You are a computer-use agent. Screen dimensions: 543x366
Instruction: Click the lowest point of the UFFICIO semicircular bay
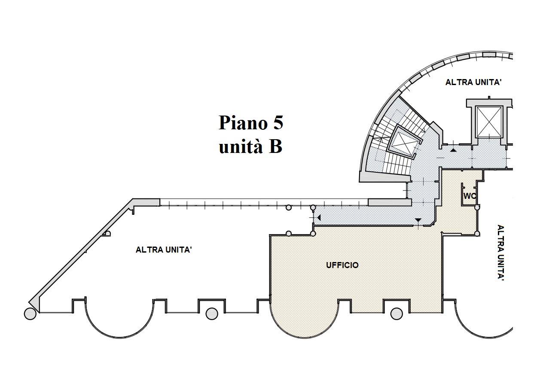[304, 338]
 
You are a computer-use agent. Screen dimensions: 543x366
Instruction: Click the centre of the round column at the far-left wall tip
[30, 314]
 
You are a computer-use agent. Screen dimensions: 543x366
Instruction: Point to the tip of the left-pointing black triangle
[317, 218]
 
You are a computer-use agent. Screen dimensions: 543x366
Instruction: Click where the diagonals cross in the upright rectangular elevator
[489, 122]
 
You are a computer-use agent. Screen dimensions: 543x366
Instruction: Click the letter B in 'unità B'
[275, 146]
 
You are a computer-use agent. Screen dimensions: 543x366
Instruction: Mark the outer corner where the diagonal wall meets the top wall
[133, 199]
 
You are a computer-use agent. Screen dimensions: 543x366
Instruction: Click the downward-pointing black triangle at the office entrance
[418, 220]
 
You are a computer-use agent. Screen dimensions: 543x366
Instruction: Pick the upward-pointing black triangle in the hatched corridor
[453, 150]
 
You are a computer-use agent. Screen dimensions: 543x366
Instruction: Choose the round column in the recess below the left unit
[212, 314]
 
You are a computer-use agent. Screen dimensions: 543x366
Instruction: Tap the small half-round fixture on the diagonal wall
[107, 233]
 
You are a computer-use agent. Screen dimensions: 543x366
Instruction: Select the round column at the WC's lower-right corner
[477, 207]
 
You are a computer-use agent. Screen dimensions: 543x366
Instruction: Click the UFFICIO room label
[342, 265]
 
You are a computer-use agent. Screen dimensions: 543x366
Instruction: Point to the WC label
[470, 196]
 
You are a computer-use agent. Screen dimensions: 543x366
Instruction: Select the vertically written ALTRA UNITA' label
[501, 253]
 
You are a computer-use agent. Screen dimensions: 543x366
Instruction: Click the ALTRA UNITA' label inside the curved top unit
[473, 82]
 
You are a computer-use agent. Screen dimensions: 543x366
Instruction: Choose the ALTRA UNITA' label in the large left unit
[164, 250]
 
